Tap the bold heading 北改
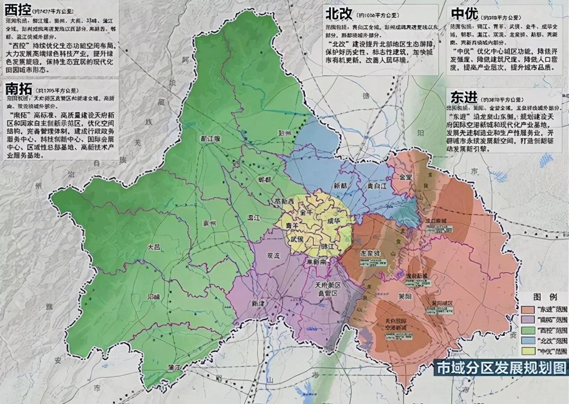pos(341,14)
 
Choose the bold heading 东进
pos(464,97)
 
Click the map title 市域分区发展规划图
pos(501,368)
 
